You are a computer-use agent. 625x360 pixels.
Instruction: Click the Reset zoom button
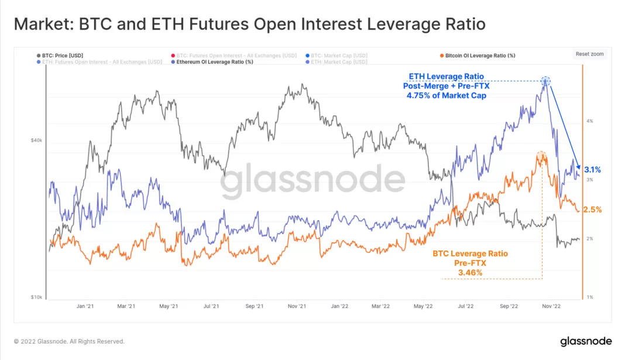589,54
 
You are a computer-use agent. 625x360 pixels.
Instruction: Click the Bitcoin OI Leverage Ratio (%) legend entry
480,56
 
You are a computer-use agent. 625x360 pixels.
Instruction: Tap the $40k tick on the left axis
36,140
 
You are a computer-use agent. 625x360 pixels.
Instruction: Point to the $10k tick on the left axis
36,297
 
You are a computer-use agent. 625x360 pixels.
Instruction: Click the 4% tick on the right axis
589,121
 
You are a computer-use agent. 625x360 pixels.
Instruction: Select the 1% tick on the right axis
589,297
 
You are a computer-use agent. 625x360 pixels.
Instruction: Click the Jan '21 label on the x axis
85,306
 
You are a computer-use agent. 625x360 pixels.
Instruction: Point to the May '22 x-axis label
423,306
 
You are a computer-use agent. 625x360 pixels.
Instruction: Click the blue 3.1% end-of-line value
592,170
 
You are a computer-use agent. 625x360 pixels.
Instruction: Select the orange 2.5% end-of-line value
592,210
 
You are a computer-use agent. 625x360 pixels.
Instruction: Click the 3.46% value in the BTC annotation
470,273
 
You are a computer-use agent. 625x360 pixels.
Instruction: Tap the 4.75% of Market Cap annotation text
447,95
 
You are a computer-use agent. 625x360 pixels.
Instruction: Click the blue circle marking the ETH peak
545,81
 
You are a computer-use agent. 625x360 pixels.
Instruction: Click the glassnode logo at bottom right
585,341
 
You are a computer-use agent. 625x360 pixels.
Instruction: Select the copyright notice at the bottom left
69,341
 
